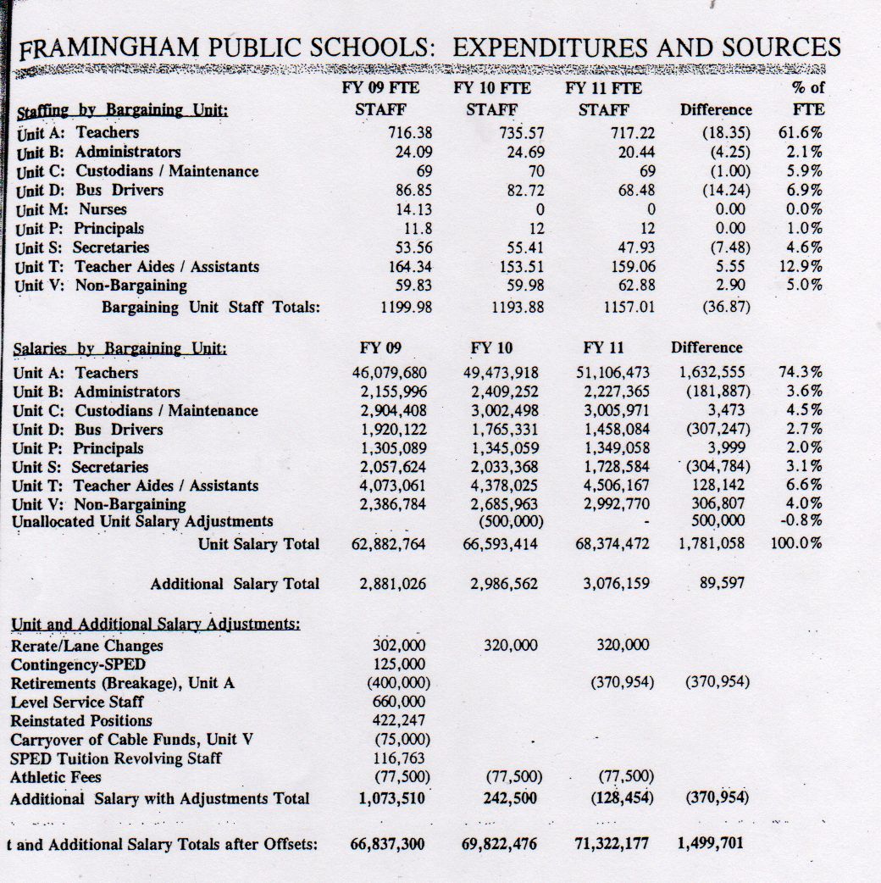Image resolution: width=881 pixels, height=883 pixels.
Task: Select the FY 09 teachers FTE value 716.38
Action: click(405, 133)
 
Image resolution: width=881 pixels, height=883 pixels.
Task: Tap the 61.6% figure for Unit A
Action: click(800, 133)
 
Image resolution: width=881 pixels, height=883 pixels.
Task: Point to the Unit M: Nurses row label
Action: click(71, 209)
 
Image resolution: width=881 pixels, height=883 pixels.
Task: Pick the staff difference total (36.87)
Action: click(726, 307)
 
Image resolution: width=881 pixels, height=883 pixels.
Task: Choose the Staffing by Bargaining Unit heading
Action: click(122, 111)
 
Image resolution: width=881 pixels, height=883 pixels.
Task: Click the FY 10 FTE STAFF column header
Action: click(492, 98)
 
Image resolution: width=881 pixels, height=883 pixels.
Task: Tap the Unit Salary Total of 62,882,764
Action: click(389, 544)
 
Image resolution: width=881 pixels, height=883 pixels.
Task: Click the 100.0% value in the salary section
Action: click(796, 543)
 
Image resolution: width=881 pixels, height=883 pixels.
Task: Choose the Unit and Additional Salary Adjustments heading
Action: click(156, 625)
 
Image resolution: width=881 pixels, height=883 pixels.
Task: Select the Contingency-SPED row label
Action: click(78, 664)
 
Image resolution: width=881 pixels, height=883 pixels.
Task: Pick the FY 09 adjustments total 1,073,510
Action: click(391, 798)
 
